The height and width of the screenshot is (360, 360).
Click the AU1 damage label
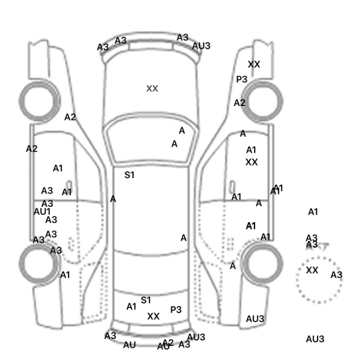pos(42,211)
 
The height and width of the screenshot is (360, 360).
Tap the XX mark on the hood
pos(152,88)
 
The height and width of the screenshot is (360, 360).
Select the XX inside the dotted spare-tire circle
pos(312,271)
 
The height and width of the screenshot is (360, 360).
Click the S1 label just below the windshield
pos(130,175)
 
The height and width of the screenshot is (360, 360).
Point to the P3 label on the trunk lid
pos(176,310)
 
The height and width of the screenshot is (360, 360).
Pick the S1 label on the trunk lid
pos(146,300)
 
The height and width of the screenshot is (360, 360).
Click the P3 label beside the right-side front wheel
pos(242,79)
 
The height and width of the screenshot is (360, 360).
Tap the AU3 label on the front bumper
pos(201,46)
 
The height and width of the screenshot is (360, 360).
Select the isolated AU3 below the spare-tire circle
pos(315,339)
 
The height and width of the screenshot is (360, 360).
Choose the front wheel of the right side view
pos(263,99)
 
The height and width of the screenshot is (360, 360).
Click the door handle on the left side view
pos(68,185)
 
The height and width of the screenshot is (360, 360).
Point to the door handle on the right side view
pos(232,185)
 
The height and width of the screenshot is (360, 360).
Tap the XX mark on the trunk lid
pos(153,316)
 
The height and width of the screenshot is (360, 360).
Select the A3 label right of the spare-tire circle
pos(336,275)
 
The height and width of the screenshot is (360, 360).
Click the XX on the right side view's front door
pos(251,162)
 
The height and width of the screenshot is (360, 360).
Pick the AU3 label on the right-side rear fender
pos(255,319)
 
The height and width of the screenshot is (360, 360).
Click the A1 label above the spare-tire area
pos(313,211)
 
